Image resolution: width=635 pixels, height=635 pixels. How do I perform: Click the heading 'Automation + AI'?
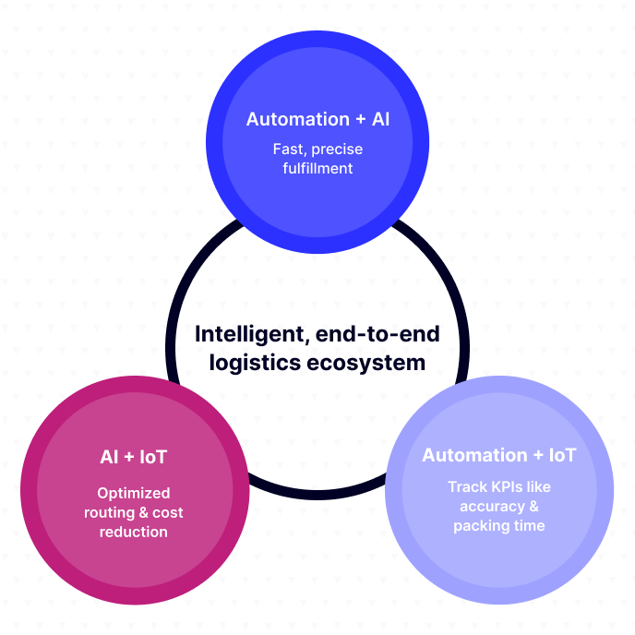317,119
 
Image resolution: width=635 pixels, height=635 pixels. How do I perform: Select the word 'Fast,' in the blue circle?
289,149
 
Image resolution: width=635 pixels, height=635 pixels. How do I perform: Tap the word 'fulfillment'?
317,168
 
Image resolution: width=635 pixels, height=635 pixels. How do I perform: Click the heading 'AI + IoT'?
133,457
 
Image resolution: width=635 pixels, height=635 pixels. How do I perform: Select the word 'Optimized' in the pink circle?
134,493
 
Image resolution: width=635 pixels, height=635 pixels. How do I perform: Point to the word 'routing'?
110,512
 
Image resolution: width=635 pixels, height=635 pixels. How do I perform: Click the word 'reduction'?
134,532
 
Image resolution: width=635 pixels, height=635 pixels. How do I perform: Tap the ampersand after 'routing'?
146,512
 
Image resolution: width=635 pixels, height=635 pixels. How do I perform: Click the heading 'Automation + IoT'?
499,455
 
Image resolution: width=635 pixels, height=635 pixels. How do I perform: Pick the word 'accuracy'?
491,506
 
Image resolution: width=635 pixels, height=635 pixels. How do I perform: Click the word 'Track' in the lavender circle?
467,486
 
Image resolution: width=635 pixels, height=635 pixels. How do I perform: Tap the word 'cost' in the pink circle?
169,512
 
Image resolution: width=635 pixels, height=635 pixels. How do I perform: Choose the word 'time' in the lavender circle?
528,525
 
